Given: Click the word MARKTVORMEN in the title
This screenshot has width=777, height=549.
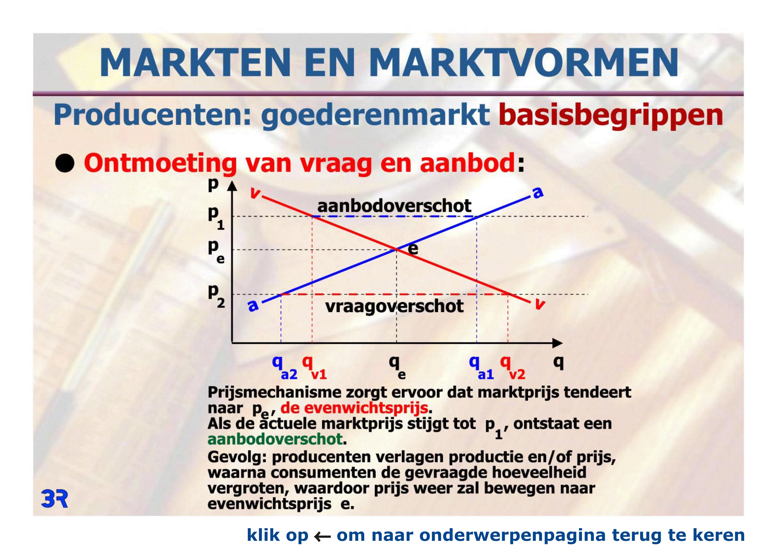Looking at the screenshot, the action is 524,63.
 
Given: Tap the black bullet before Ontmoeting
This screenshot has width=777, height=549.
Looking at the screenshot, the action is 65,164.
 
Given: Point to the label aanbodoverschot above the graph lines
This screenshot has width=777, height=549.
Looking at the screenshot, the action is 394,206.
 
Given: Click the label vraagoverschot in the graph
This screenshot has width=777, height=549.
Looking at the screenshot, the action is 394,306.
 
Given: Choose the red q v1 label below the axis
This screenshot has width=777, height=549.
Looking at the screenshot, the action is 314,368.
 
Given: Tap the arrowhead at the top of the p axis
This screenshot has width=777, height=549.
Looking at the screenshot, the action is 232,186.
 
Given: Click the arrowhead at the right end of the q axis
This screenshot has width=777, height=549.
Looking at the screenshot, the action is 557,343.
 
